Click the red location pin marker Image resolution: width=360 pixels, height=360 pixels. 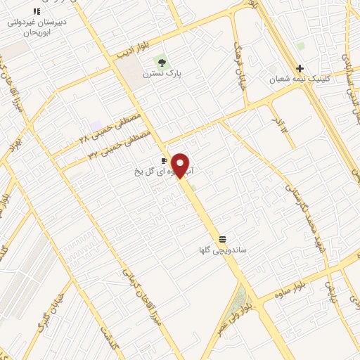[x=181, y=165]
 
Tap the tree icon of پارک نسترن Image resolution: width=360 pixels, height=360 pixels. [x=162, y=63]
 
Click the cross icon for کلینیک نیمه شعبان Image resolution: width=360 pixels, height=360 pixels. [x=300, y=68]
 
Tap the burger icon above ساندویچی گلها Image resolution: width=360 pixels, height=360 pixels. [x=222, y=238]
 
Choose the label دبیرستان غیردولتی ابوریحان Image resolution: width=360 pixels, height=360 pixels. [x=37, y=27]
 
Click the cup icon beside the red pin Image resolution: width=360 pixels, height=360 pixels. [x=165, y=161]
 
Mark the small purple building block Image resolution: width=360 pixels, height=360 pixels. [x=96, y=125]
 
